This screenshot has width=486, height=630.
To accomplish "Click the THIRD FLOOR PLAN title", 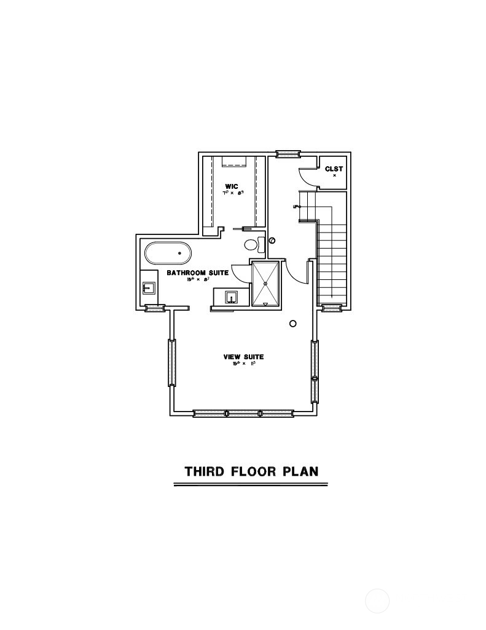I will click(251, 472).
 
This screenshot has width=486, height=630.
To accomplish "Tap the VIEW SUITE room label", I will click(243, 357).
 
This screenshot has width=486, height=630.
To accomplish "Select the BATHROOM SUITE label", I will click(197, 273).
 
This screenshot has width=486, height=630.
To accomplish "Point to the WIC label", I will click(232, 186).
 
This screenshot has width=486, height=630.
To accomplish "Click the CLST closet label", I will click(334, 169).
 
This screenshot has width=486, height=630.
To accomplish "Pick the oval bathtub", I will click(168, 253).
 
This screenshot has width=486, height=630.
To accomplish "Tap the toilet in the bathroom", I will click(251, 245).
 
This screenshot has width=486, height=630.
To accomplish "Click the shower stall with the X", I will click(266, 284).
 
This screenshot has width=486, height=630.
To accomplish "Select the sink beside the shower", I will click(232, 298).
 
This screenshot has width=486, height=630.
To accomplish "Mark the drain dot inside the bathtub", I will click(180, 253).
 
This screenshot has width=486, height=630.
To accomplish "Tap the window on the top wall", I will click(287, 154).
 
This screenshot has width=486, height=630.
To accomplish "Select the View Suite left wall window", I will click(172, 363).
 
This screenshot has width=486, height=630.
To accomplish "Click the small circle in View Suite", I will click(293, 324).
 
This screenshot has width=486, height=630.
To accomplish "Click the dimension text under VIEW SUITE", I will click(243, 364).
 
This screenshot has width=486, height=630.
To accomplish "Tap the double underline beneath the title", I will click(251, 485).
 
